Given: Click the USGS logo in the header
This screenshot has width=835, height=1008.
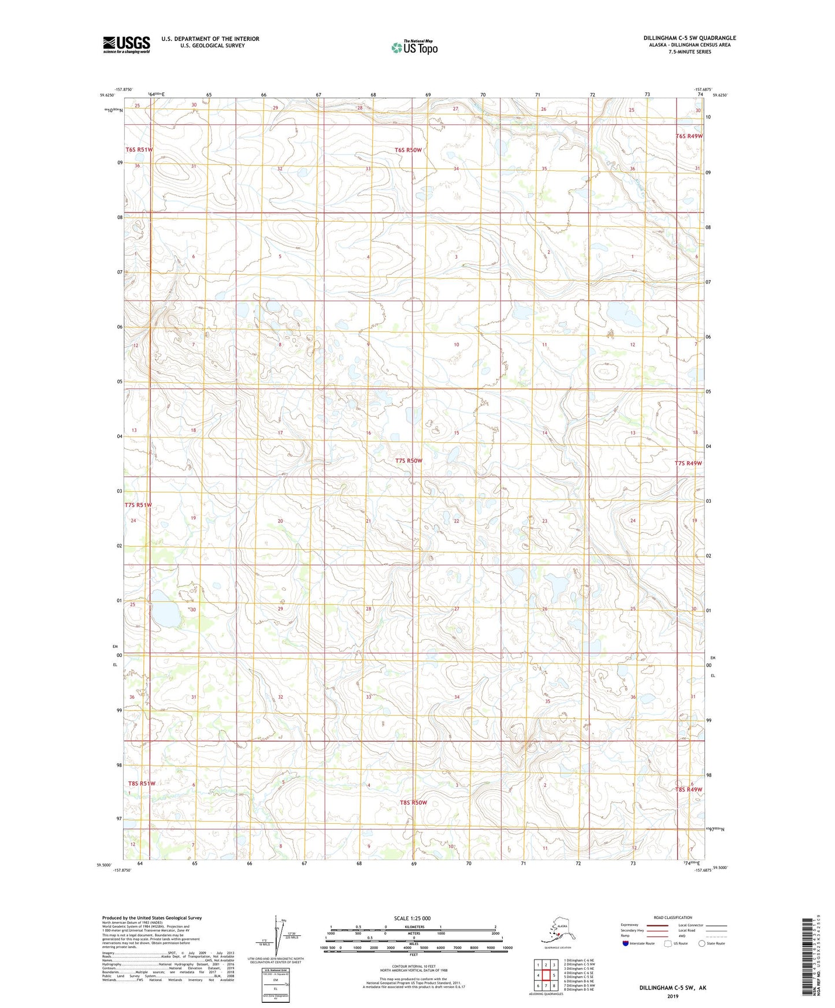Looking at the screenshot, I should (126, 44).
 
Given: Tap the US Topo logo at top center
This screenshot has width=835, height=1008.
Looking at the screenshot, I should (414, 47).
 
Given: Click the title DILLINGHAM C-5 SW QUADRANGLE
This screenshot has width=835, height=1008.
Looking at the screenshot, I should (689, 38).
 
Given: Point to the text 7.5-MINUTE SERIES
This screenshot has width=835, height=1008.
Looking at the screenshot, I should (689, 52).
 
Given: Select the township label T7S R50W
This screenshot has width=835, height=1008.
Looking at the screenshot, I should (409, 461).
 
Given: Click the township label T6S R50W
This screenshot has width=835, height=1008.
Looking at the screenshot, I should (408, 150).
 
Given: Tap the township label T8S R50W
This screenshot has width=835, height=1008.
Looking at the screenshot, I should (413, 802).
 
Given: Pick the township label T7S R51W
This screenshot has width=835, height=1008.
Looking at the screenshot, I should (138, 505).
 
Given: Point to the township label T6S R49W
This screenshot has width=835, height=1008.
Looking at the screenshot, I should (689, 136).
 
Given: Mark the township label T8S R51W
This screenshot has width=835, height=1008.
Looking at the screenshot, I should (142, 783).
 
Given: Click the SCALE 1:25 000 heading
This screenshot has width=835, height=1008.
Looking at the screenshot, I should (412, 919).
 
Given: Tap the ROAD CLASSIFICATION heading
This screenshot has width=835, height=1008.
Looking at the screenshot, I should (673, 917).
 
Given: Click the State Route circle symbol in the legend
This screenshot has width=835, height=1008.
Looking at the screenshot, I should (702, 944).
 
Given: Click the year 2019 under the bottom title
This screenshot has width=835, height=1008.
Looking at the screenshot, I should (672, 996).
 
